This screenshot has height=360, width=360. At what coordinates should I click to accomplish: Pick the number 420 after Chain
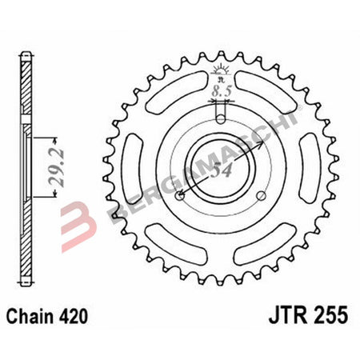pos(89,316)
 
